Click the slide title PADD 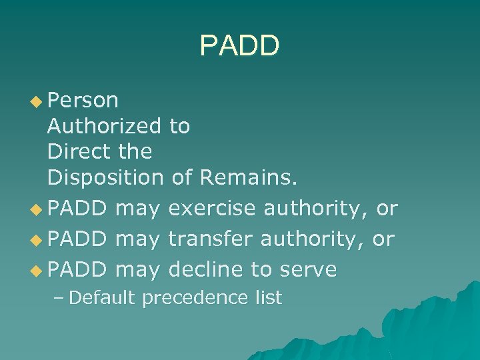(x=239, y=45)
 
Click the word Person (x=83, y=101)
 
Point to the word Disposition (x=105, y=177)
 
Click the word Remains (x=250, y=177)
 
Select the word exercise (x=213, y=209)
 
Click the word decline (x=206, y=269)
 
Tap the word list (x=269, y=297)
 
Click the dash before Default (x=58, y=298)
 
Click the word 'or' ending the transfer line (x=383, y=239)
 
